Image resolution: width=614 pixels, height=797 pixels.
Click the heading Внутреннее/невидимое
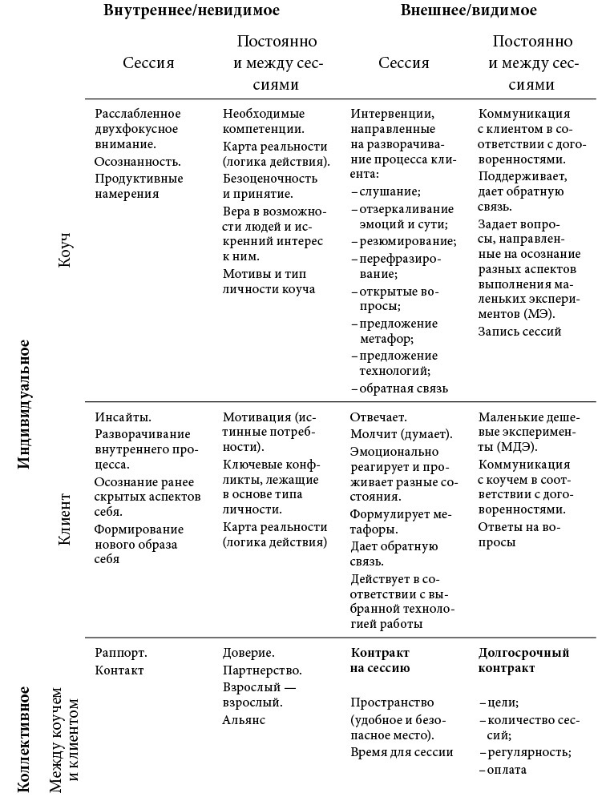[197, 11]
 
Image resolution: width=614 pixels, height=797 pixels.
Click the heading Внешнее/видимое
[468, 11]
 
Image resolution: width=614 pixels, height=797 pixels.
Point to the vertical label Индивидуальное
[24, 404]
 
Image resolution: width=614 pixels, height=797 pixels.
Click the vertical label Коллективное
[24, 738]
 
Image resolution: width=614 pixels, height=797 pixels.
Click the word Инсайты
[123, 417]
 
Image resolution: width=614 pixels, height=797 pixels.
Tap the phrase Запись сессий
[519, 331]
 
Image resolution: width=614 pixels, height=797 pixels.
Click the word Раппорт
[121, 653]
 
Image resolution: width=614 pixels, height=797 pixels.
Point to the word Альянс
[244, 719]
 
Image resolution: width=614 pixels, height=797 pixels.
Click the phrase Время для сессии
[402, 751]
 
